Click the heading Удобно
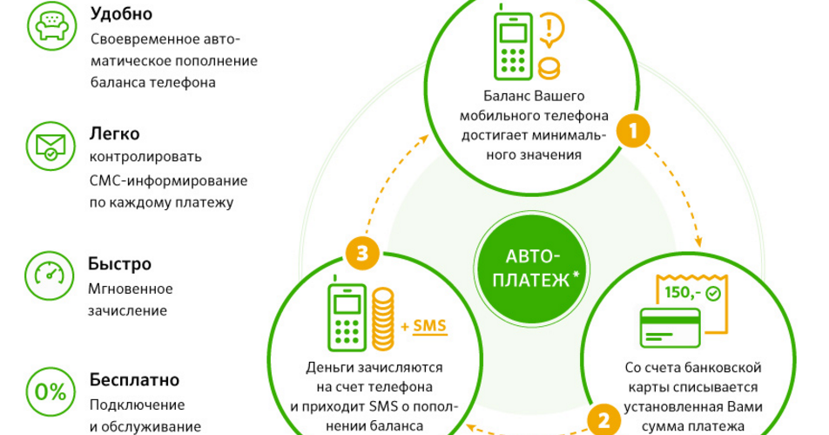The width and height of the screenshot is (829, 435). coord(122,14)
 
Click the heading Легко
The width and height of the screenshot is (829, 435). coord(115,134)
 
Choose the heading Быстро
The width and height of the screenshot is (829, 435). coord(120,263)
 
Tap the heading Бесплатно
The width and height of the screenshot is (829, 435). coord(134,381)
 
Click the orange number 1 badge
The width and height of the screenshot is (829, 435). coord(633,131)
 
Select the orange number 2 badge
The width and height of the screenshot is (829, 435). coord(603,420)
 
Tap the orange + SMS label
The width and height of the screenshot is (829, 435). coord(423,326)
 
